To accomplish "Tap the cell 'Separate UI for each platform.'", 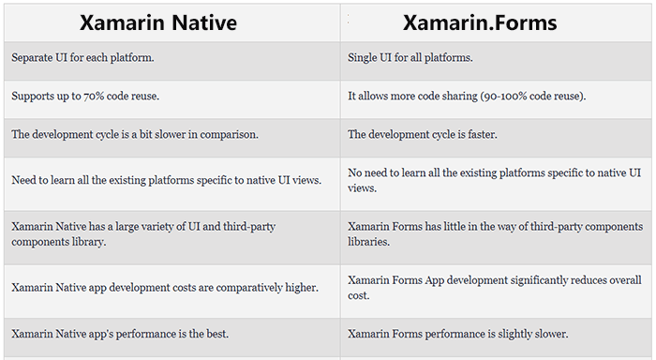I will click(x=82, y=58).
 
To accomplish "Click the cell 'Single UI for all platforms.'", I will click(x=410, y=58).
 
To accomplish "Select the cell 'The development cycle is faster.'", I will click(x=423, y=135).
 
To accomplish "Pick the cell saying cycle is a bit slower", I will click(x=134, y=135).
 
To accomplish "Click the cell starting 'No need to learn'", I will click(x=494, y=180).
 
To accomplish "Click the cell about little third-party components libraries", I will click(x=494, y=233).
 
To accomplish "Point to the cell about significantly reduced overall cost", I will click(x=494, y=287).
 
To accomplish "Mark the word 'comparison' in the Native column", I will click(x=229, y=135).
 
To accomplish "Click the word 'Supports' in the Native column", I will click(x=32, y=97).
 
